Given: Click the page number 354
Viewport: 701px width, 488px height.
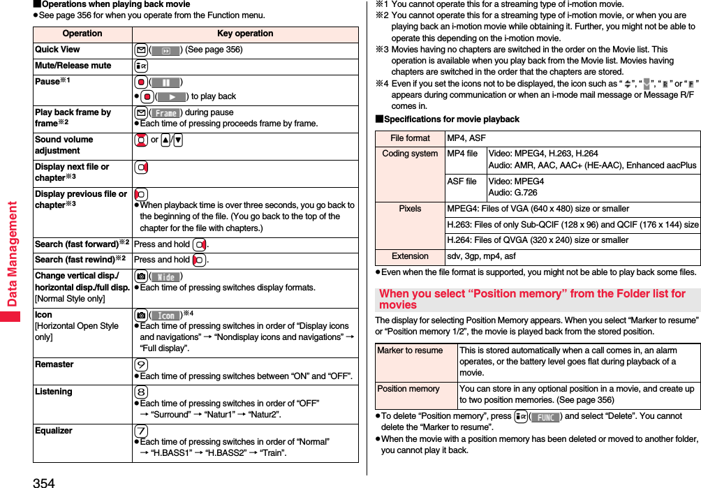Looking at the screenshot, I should [x=43, y=482].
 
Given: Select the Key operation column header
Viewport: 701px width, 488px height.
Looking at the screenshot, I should [x=245, y=34].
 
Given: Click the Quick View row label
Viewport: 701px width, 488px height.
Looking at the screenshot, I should [x=57, y=50].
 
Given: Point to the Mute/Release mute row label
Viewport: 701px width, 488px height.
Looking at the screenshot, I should [x=73, y=66].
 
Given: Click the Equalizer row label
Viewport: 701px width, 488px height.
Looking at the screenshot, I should [x=54, y=431].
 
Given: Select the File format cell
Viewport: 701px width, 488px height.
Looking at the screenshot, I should [x=410, y=138].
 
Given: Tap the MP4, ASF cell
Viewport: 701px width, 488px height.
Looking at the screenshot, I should [x=466, y=138].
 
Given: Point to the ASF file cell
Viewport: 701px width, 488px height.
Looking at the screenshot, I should [x=462, y=182].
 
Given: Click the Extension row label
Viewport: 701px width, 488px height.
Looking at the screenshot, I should [x=410, y=256].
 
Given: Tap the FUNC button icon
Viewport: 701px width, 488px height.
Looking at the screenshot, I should [x=545, y=417].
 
